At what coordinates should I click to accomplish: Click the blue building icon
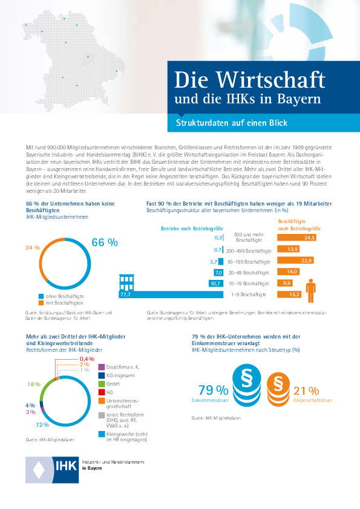(x=126, y=283)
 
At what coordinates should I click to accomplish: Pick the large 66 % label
(x=105, y=242)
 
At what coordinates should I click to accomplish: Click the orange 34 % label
(x=33, y=248)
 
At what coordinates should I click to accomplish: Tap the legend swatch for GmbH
(x=102, y=384)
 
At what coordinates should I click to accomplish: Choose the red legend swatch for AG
(x=102, y=392)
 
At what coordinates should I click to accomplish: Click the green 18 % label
(x=33, y=384)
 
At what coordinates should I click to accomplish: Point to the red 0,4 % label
(x=87, y=358)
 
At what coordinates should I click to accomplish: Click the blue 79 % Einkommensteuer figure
(x=213, y=391)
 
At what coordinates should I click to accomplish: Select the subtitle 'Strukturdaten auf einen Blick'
(x=231, y=123)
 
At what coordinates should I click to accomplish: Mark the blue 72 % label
(x=42, y=425)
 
